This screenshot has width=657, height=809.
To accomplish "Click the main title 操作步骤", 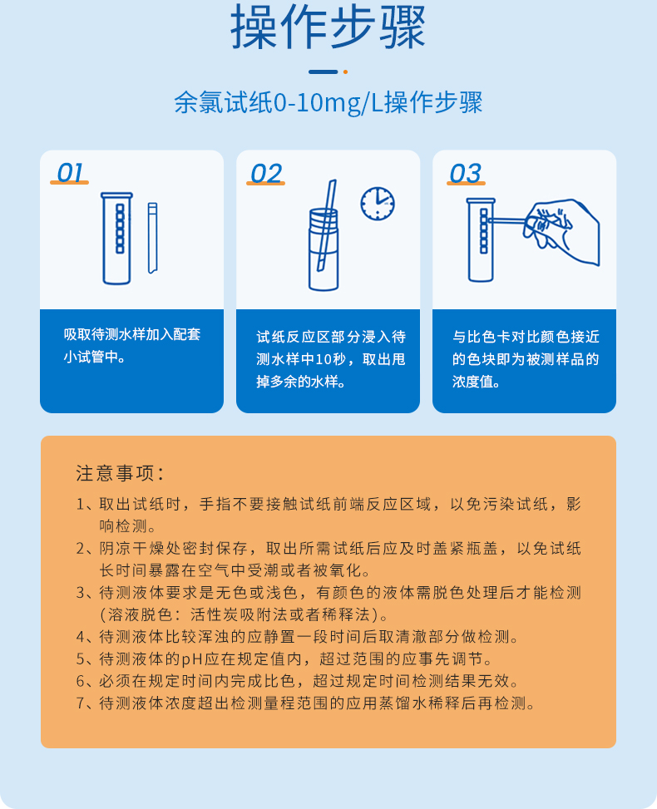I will (x=328, y=28).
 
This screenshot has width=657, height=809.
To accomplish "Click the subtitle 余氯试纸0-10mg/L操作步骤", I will (x=328, y=103).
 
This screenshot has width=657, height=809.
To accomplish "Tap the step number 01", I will (x=70, y=173).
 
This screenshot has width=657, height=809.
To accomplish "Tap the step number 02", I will (x=266, y=173).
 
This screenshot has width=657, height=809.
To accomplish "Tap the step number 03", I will (x=465, y=173).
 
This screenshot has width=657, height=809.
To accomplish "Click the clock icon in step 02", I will (x=378, y=203).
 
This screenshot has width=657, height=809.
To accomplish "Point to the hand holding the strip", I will (x=566, y=229).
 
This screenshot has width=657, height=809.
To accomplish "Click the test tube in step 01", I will (x=116, y=238).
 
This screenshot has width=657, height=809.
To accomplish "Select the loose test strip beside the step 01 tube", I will (x=152, y=238).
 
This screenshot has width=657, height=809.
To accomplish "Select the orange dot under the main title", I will (x=345, y=72).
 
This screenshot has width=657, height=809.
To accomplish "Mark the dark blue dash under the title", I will (x=323, y=72).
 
